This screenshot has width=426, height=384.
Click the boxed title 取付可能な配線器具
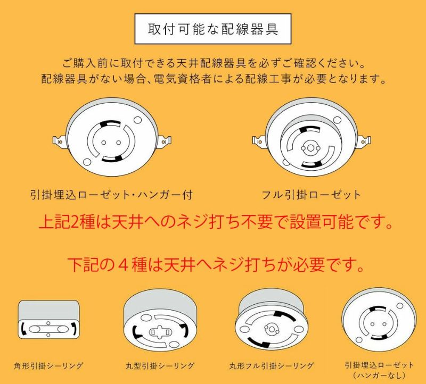tap(213, 29)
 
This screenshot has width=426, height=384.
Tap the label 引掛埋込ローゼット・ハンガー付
tap(112, 195)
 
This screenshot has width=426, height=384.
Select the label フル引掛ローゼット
tap(311, 195)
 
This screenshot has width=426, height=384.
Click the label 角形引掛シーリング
tap(48, 365)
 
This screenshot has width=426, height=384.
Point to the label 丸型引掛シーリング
tap(160, 365)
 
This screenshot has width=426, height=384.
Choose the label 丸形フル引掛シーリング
tap(272, 365)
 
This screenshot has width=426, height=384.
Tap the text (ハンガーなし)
tap(379, 375)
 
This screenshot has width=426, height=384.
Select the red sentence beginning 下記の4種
tap(216, 264)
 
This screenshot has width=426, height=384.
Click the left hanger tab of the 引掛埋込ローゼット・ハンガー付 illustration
tap(59, 141)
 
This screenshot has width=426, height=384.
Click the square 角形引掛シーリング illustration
tap(48, 319)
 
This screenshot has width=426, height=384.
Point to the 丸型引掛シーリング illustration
tap(160, 322)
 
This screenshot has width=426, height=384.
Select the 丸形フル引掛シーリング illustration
tap(272, 322)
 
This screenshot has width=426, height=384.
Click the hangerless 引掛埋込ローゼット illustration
tap(379, 322)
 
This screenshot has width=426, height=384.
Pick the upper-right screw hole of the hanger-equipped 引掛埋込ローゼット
tap(138, 120)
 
